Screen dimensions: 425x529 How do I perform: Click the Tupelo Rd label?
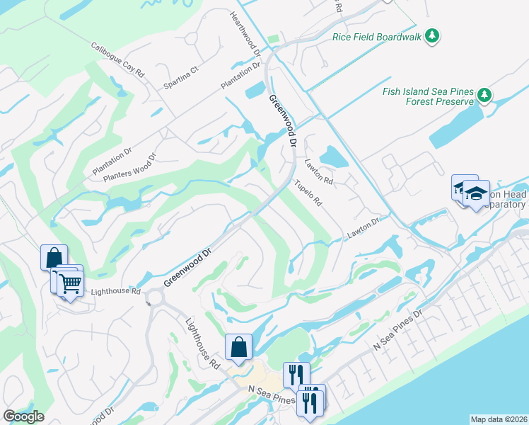tap(308, 192)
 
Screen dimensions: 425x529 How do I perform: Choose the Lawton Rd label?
tap(318, 172)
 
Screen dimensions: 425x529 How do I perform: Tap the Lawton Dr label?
tap(364, 228)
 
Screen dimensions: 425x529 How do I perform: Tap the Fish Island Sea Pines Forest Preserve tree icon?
tap(484, 95)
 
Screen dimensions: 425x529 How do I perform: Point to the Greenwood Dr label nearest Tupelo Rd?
tap(281, 121)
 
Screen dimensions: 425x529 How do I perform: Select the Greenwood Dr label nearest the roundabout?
tap(187, 267)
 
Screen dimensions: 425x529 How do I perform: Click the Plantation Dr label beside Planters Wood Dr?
tap(112, 162)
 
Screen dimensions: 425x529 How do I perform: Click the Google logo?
tap(23, 416)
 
